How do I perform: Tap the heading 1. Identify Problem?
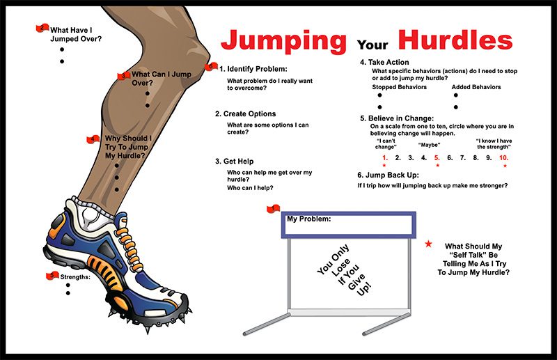tap(253, 69)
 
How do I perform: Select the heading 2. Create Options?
tap(245, 114)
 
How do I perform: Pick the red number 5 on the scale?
tap(437, 158)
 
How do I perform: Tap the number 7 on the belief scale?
tap(464, 158)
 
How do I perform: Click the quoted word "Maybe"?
tap(429, 145)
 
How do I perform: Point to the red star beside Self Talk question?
tap(429, 243)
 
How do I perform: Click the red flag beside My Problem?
tap(273, 210)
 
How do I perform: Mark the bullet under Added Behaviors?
tap(456, 107)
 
